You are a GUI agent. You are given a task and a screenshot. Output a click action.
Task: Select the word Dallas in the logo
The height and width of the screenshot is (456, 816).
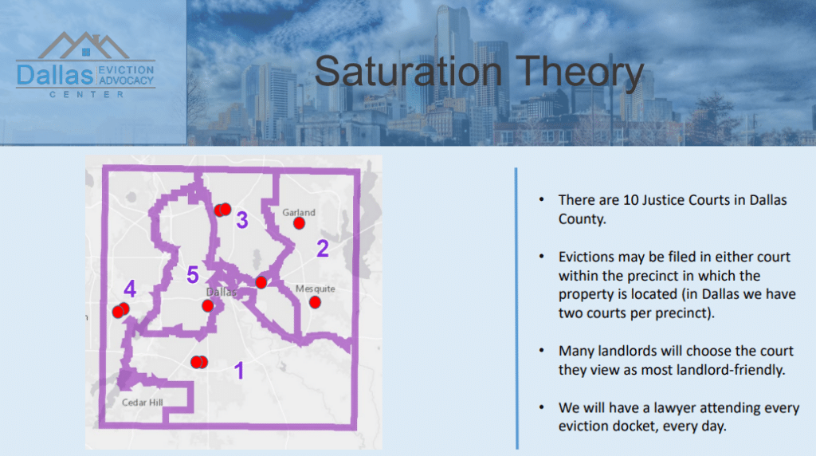tap(55, 76)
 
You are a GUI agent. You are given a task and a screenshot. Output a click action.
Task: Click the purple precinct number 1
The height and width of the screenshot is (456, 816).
tap(239, 371)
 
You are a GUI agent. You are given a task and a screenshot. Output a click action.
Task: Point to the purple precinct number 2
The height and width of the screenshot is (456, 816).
tap(323, 248)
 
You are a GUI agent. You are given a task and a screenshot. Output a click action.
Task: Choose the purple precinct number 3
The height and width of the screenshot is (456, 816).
tap(242, 220)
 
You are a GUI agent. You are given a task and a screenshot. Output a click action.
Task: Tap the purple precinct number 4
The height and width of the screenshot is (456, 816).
tap(130, 289)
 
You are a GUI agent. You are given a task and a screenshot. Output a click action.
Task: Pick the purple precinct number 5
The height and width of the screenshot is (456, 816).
tap(193, 274)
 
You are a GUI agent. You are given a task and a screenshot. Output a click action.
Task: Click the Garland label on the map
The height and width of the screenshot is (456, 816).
tap(299, 212)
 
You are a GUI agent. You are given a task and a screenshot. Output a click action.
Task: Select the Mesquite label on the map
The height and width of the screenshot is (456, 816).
tap(316, 289)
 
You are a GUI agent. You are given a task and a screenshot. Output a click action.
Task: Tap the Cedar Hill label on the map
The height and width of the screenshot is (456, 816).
tap(142, 403)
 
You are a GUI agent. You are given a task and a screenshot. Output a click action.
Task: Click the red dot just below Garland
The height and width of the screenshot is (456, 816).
tap(300, 224)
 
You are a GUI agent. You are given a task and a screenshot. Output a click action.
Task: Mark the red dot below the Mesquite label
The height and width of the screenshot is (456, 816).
tap(315, 302)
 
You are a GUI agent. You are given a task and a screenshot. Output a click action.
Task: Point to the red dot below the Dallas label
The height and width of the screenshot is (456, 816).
tap(208, 306)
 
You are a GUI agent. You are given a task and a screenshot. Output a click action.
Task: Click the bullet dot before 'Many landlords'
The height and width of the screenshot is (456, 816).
tap(542, 350)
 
